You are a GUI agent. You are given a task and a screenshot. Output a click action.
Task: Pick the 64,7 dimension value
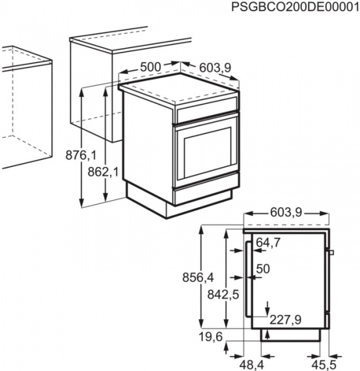click(x=268, y=242)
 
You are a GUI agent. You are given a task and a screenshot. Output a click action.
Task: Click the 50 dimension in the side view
click(x=263, y=269)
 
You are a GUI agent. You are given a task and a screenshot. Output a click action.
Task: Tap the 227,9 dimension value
click(x=286, y=319)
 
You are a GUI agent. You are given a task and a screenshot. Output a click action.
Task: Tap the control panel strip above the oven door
click(x=207, y=112)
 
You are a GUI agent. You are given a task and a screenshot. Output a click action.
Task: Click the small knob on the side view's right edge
click(x=332, y=252)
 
